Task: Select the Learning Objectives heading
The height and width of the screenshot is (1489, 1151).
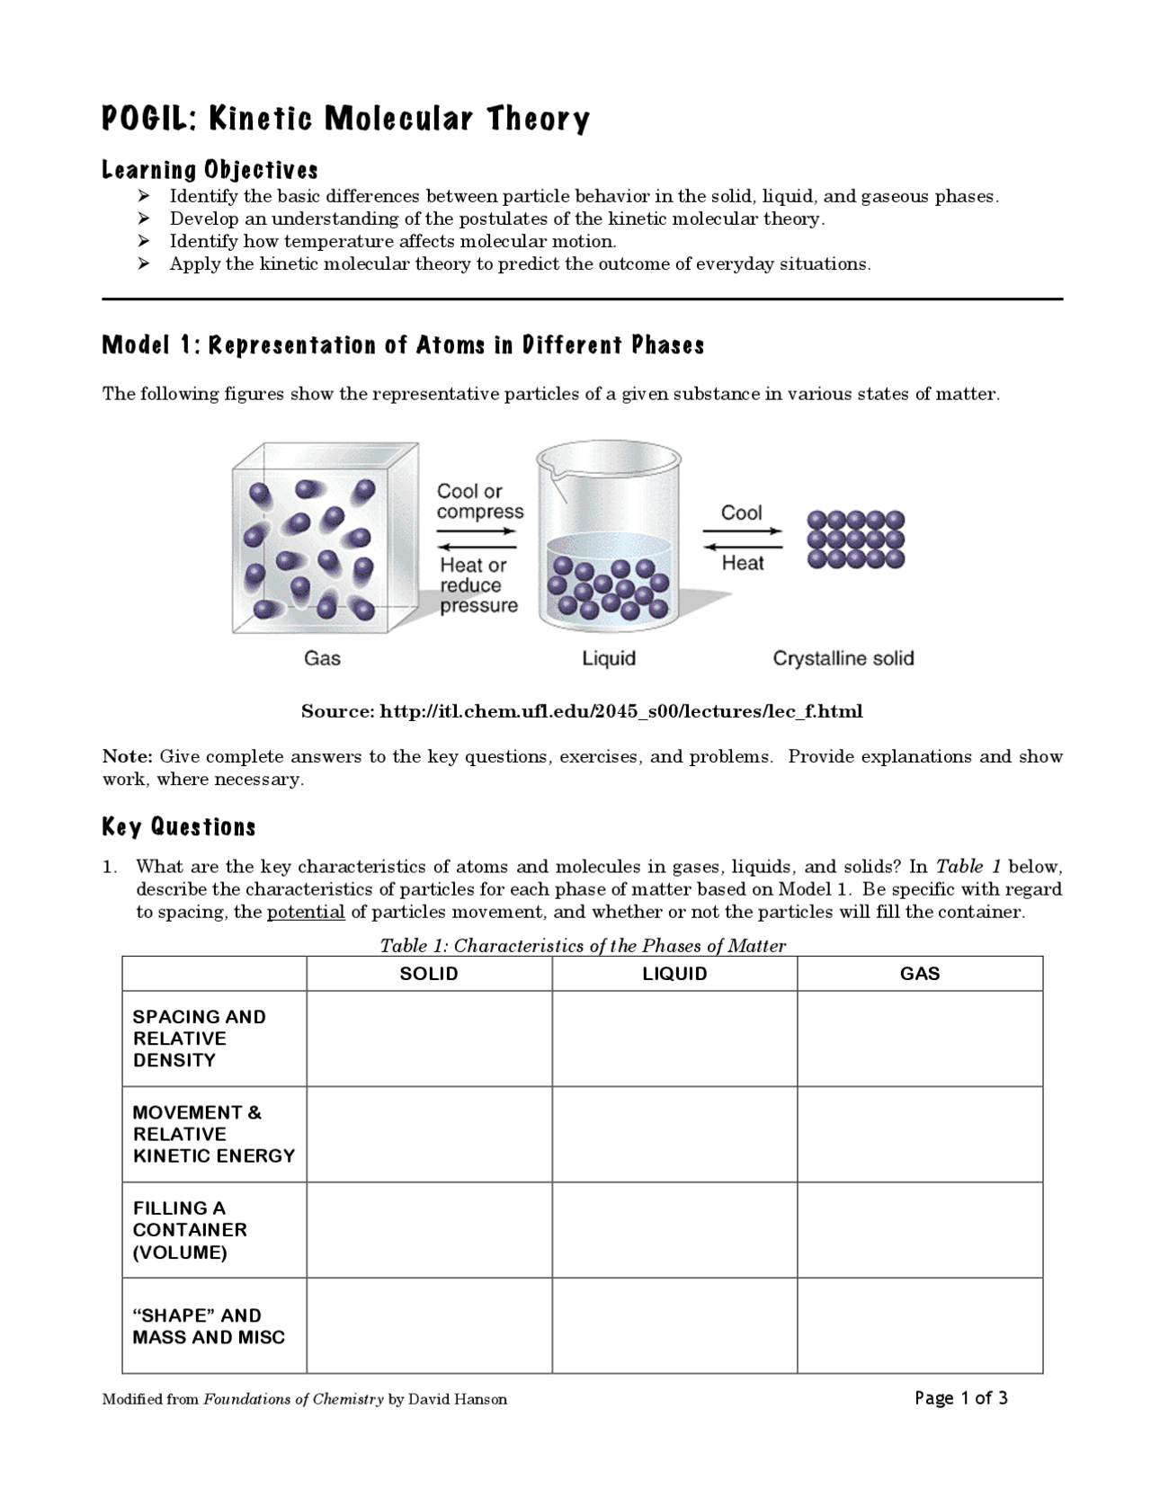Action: coord(210,170)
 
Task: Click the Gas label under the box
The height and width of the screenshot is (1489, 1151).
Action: coord(322,658)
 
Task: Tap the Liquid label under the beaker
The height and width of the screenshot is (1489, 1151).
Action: coord(609,658)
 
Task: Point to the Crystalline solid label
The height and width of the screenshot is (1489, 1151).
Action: coord(843,658)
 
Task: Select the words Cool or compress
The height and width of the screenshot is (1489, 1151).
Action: coord(479,501)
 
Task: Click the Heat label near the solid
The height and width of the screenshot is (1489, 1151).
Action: coord(743,563)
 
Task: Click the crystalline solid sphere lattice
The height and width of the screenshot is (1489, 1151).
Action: coord(855,539)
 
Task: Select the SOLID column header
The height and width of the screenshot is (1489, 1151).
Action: coord(429,974)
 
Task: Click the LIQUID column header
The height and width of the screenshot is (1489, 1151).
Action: coord(674,974)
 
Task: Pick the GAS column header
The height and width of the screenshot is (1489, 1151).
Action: coord(920,974)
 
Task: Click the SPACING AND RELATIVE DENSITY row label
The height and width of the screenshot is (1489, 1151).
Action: coord(200,1039)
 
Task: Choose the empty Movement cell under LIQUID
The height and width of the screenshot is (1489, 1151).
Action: coord(674,1134)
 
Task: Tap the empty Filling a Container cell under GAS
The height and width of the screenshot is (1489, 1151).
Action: coord(920,1230)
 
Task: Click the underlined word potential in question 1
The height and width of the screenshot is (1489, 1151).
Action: coord(306,912)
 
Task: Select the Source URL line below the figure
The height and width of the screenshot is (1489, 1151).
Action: coord(582,711)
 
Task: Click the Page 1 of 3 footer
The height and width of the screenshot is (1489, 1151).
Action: coord(960,1397)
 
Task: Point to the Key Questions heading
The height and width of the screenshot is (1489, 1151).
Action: coord(179,827)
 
